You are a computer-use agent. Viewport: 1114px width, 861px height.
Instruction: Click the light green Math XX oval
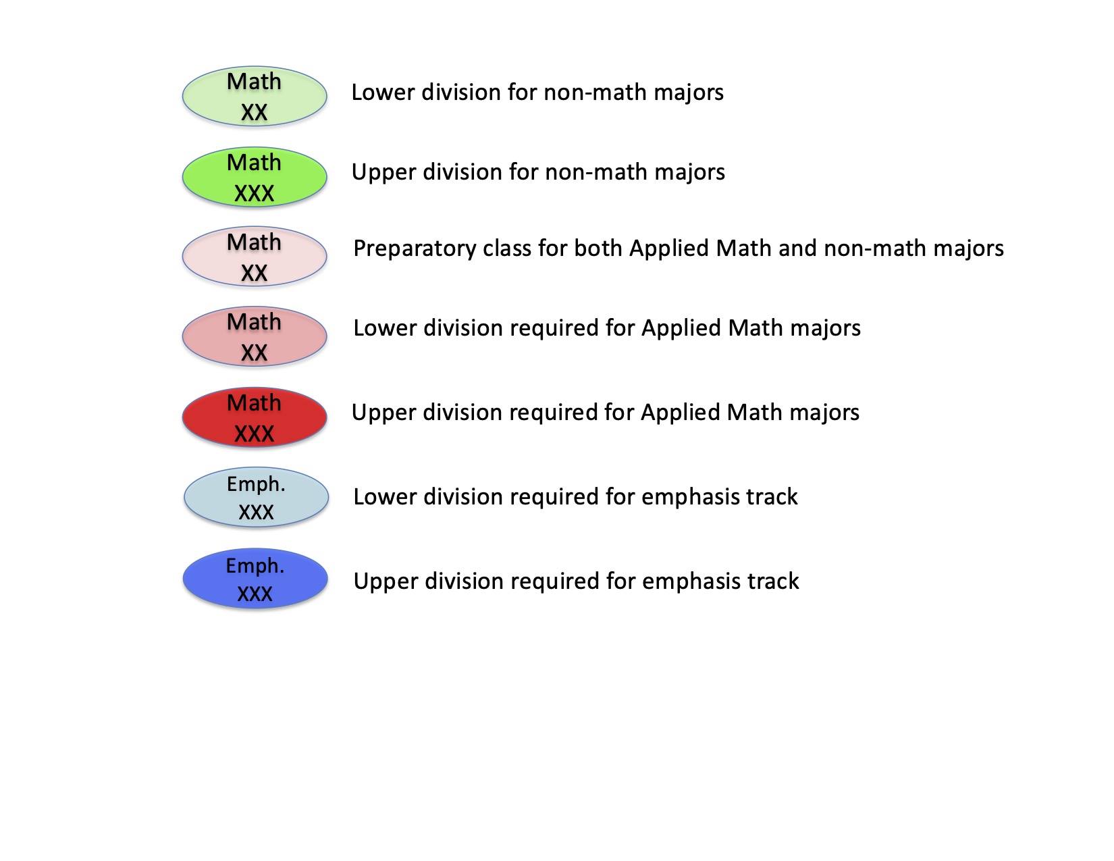[255, 96]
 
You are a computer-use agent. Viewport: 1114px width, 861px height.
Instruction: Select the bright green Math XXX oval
[255, 177]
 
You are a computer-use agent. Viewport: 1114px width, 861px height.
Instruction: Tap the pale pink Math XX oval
[255, 256]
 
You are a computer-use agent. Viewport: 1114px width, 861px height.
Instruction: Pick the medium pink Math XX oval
[255, 336]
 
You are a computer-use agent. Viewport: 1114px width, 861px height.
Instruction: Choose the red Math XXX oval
[255, 417]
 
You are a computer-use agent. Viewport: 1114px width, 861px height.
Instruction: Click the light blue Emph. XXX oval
[256, 497]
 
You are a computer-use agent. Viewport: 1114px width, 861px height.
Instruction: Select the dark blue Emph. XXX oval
[255, 579]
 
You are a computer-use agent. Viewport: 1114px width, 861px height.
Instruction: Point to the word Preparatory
[415, 249]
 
